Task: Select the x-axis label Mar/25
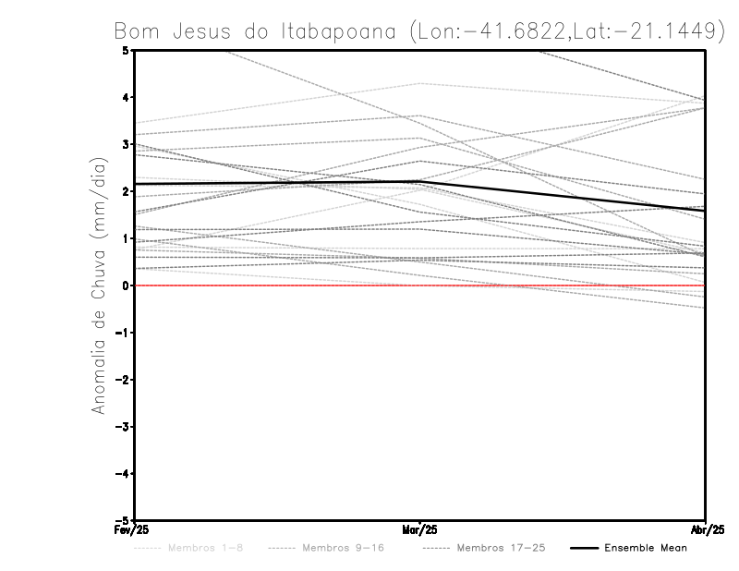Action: [x=419, y=529]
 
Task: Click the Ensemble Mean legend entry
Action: [x=646, y=548]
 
